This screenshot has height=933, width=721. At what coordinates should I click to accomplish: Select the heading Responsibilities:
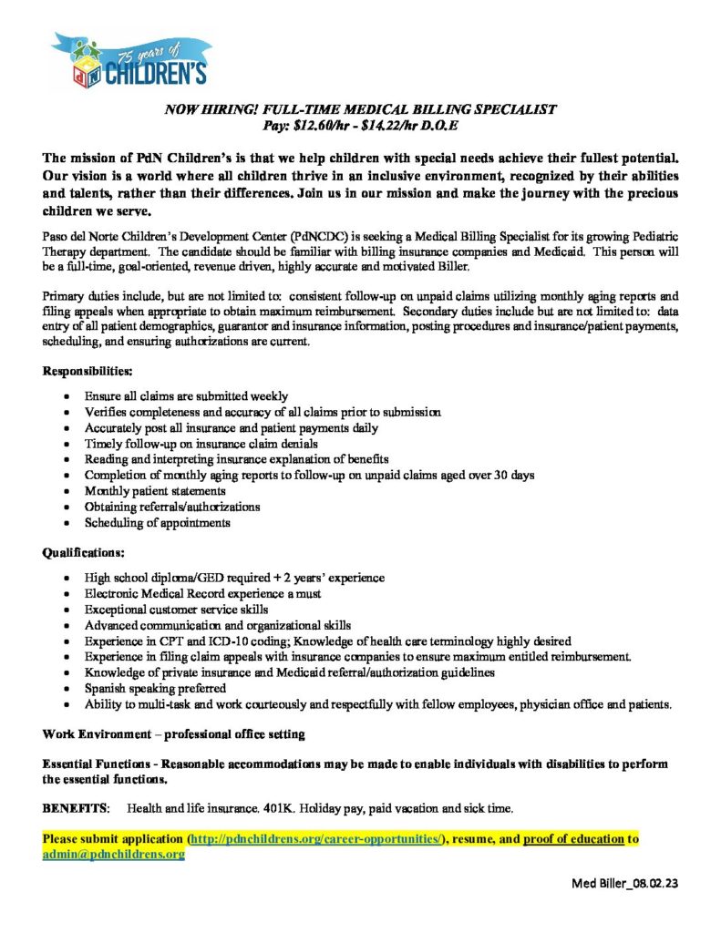88,372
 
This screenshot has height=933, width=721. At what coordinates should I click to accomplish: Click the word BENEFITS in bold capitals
77,808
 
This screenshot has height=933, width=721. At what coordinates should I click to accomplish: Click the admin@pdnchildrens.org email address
113,855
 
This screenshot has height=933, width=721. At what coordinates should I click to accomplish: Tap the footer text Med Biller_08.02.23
626,883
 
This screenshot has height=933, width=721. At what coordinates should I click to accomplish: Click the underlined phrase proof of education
573,837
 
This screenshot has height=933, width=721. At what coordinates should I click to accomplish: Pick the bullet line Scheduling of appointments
158,523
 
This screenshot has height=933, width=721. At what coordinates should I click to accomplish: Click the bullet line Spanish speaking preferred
155,689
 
